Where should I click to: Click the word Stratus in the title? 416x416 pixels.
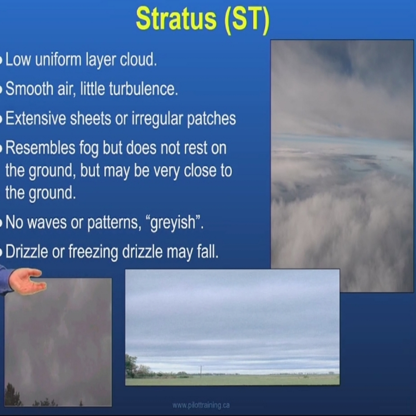click(x=176, y=19)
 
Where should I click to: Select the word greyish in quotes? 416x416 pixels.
click(x=173, y=223)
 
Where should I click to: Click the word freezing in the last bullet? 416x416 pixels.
click(x=93, y=252)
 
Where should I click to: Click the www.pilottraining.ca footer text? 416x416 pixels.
click(x=201, y=405)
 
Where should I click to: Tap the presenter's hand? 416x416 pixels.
click(x=28, y=281)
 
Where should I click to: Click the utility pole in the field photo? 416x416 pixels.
click(x=201, y=372)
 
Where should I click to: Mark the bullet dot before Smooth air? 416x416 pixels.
click(x=1, y=89)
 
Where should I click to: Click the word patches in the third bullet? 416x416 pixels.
click(x=211, y=119)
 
